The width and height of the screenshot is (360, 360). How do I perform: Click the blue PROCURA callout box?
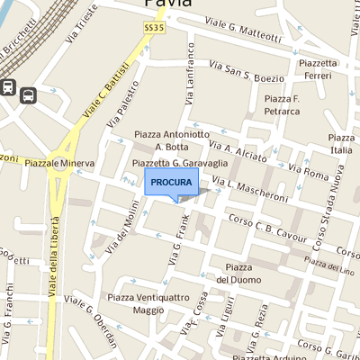171,182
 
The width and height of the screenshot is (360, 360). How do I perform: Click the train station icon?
8,87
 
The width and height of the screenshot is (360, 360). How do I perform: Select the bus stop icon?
28,94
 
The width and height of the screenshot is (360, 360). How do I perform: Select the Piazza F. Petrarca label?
282,104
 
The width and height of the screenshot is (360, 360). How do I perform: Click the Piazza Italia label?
341,143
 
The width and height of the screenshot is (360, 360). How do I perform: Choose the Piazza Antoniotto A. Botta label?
172,139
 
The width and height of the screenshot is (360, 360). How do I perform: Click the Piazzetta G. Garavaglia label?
176,163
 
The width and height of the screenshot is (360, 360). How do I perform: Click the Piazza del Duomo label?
238,274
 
